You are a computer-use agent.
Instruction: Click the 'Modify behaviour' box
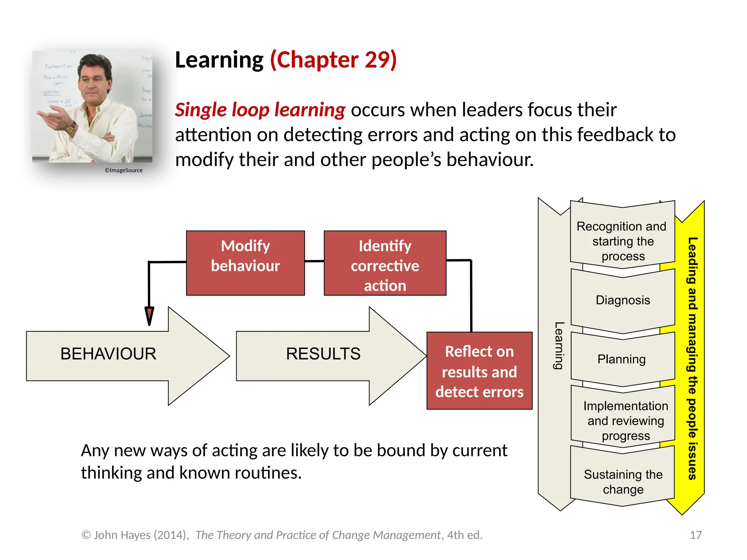pyautogui.click(x=245, y=263)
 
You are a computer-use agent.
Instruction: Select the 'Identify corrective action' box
pyautogui.click(x=385, y=263)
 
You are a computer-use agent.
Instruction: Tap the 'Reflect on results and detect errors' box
pyautogui.click(x=479, y=371)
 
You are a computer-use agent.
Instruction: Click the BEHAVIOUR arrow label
pyautogui.click(x=108, y=354)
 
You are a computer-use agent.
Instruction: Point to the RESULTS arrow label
pyautogui.click(x=323, y=354)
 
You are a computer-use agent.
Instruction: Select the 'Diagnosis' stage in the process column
pyautogui.click(x=623, y=300)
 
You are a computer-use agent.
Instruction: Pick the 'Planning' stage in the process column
pyautogui.click(x=622, y=359)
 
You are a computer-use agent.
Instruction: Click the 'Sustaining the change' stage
pyautogui.click(x=623, y=481)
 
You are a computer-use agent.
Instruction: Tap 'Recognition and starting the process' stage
pyautogui.click(x=622, y=241)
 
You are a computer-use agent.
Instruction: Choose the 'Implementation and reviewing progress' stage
pyautogui.click(x=625, y=420)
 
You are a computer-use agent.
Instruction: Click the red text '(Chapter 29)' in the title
pyautogui.click(x=333, y=60)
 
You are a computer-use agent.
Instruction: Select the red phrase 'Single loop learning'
pyautogui.click(x=260, y=110)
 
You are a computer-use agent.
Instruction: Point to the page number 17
pyautogui.click(x=696, y=535)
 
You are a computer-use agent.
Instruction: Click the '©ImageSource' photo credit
pyautogui.click(x=124, y=170)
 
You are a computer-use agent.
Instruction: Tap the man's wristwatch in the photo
pyautogui.click(x=71, y=127)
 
